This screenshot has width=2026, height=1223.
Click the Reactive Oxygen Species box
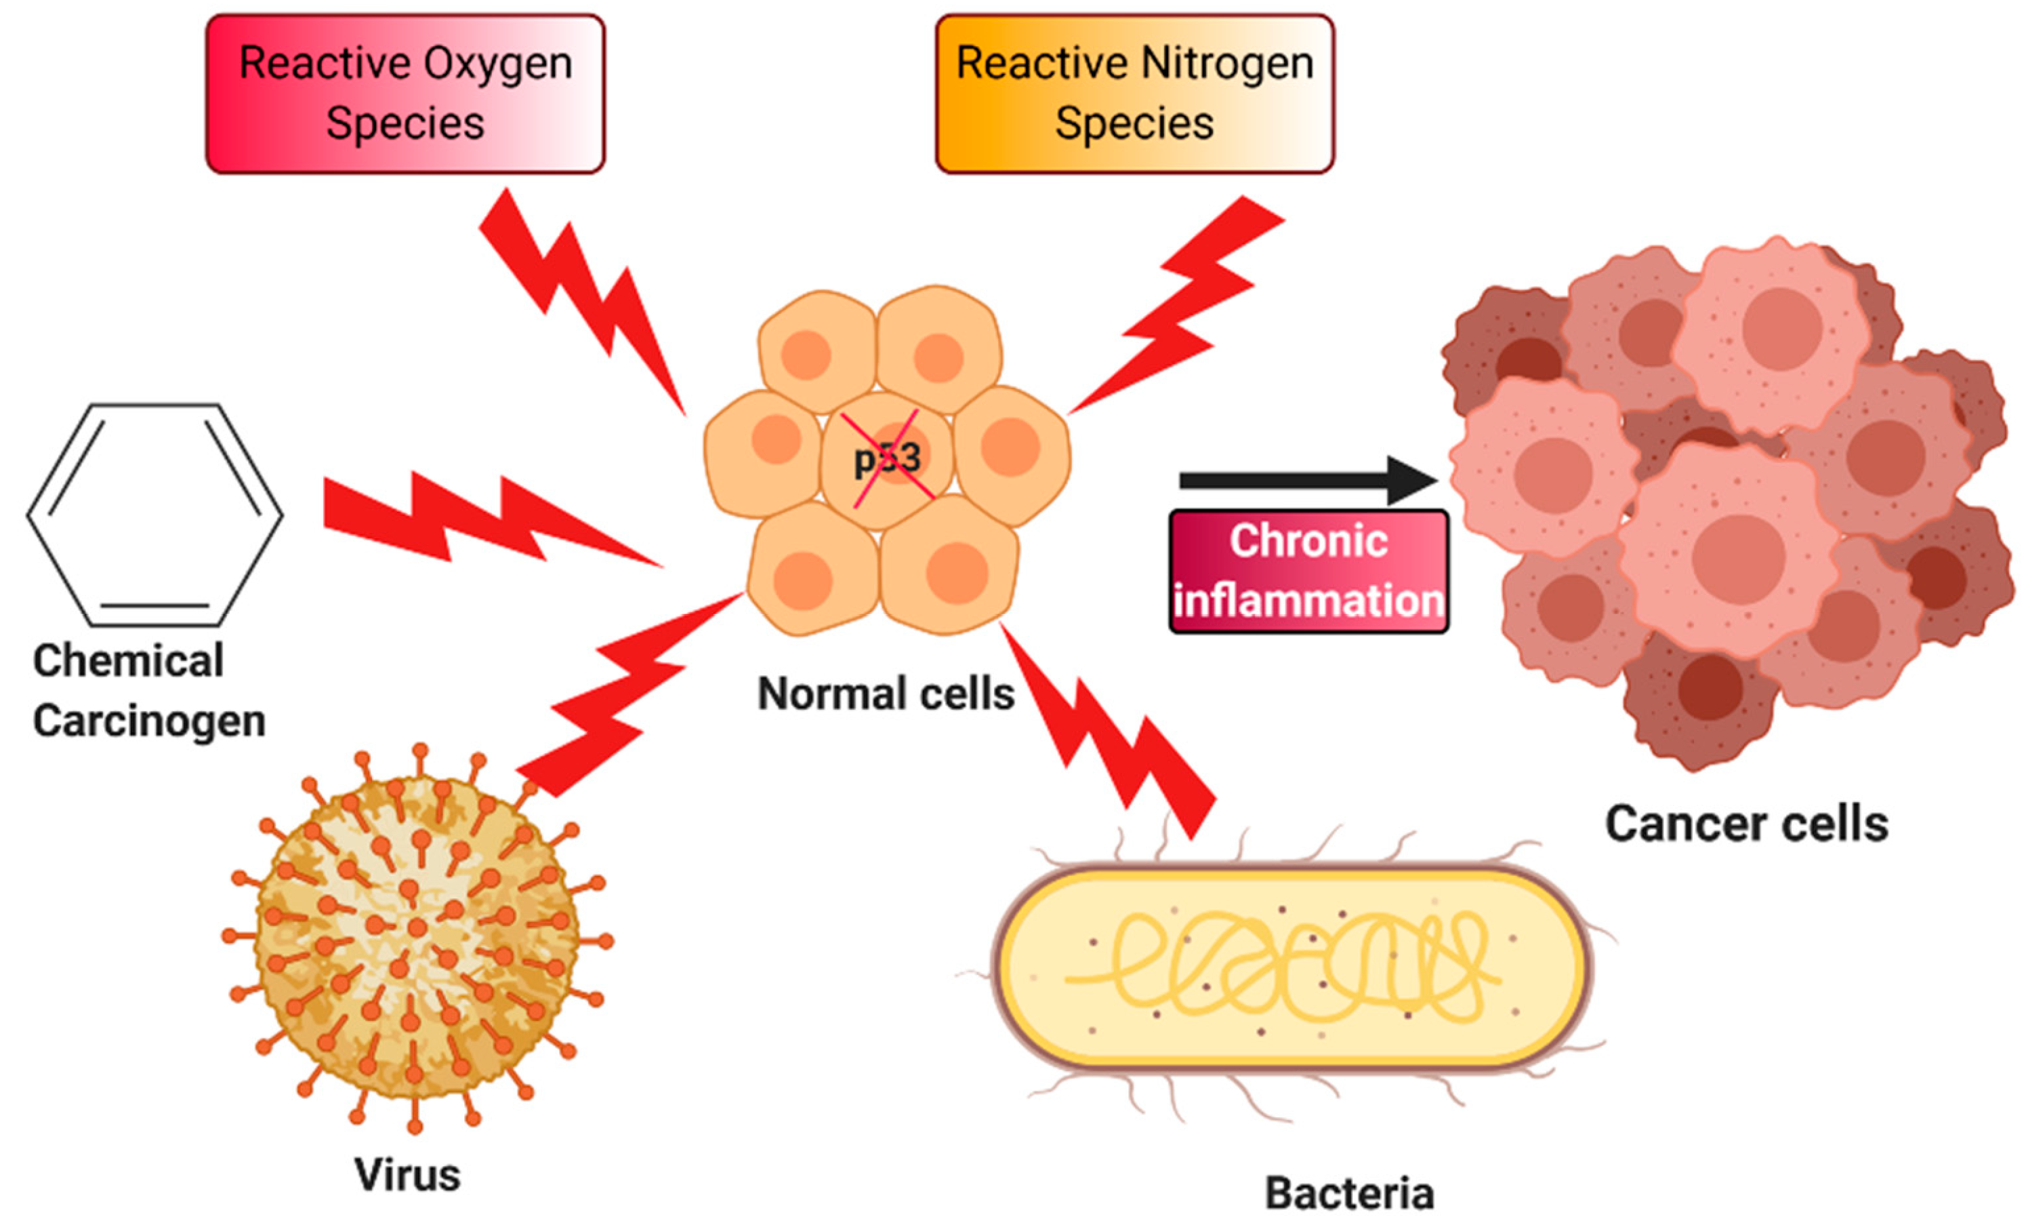(x=405, y=93)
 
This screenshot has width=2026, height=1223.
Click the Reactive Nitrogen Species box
(x=1135, y=93)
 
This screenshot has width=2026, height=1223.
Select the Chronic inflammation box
(x=1308, y=571)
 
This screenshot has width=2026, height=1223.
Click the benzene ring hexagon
(x=154, y=515)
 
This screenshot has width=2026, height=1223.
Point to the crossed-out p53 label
(x=887, y=459)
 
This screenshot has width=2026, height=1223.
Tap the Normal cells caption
(x=886, y=694)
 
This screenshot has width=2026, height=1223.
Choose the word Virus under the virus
(x=407, y=1174)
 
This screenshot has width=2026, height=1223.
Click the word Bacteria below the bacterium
(x=1348, y=1192)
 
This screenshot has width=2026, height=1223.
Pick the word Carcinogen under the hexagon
(x=149, y=721)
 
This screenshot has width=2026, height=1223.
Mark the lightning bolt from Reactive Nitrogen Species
(x=1184, y=304)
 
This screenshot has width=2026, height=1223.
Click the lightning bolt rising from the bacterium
(x=1110, y=732)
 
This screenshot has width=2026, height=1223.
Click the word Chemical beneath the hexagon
(x=128, y=660)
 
